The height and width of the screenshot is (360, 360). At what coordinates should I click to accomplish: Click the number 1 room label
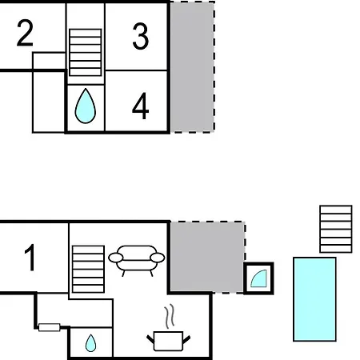[30, 258]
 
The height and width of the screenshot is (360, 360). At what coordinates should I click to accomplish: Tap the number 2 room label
[25, 33]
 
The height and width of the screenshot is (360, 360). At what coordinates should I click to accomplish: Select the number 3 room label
[140, 36]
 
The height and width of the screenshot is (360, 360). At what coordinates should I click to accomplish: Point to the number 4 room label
[141, 106]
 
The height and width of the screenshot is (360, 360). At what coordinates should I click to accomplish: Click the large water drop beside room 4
[86, 106]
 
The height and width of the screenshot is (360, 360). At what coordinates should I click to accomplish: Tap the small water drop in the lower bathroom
[90, 343]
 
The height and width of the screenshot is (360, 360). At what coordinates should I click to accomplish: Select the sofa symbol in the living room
[137, 260]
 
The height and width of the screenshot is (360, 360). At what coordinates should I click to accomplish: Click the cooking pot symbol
[168, 342]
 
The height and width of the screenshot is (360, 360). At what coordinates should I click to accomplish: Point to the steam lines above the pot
[170, 316]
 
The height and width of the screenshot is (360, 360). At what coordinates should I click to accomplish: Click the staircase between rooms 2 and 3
[86, 53]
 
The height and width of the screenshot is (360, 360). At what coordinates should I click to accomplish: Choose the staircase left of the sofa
[88, 269]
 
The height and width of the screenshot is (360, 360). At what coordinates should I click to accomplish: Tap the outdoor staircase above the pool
[336, 229]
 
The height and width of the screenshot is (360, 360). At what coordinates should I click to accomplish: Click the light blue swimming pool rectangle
[314, 299]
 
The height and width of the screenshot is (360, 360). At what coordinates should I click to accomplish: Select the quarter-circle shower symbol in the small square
[260, 279]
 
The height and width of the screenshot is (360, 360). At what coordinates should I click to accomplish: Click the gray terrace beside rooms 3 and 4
[193, 66]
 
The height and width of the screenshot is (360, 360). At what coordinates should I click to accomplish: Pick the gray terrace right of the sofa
[207, 257]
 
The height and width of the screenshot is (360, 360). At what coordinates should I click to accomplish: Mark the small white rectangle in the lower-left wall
[50, 327]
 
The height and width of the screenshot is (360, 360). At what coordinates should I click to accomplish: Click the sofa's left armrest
[116, 258]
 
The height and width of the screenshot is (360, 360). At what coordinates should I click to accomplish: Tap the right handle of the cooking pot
[186, 339]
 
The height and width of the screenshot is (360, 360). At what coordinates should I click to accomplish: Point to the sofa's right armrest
[158, 258]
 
